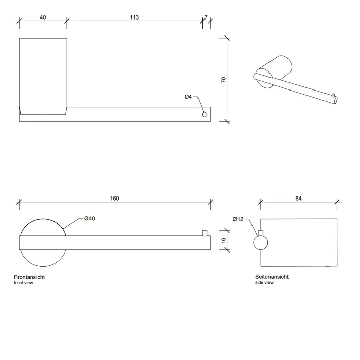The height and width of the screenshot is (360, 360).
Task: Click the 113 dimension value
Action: [134, 17]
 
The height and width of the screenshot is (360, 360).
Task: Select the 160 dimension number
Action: [114, 199]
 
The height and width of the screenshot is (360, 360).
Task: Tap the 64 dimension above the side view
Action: [298, 199]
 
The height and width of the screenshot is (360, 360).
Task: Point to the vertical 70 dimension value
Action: [223, 80]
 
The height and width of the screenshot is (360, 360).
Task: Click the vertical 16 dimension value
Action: [223, 240]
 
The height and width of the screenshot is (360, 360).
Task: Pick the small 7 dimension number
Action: [206, 17]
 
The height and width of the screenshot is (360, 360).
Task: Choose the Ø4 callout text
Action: [188, 97]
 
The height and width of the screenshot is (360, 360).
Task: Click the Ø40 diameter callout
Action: [89, 219]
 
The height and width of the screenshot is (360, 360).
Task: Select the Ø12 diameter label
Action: [238, 219]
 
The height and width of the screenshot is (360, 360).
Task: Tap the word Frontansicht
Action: [29, 277]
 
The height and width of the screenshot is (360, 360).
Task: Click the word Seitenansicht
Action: [272, 277]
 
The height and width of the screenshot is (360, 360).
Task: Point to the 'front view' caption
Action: [24, 283]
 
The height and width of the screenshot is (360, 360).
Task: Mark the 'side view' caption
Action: [264, 283]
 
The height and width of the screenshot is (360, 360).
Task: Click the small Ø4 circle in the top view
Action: [205, 114]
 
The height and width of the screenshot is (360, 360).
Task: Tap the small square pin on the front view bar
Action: [205, 233]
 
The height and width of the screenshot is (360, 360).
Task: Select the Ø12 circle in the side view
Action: [261, 243]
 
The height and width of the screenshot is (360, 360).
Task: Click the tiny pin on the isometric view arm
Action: [333, 95]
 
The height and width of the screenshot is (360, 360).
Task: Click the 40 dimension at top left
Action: [43, 17]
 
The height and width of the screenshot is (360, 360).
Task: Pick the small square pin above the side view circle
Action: [261, 233]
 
